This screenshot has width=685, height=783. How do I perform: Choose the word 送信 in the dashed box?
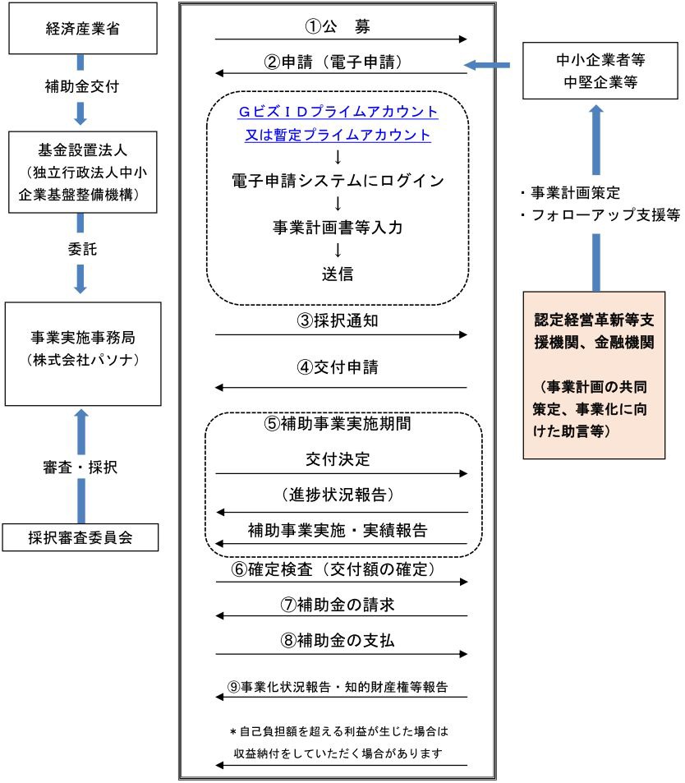pos(338,274)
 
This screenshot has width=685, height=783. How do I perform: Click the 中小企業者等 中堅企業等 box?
pos(595,71)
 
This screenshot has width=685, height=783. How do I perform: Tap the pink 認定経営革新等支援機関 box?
pos(595,374)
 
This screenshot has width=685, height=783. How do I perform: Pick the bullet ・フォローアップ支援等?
pos(600,215)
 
